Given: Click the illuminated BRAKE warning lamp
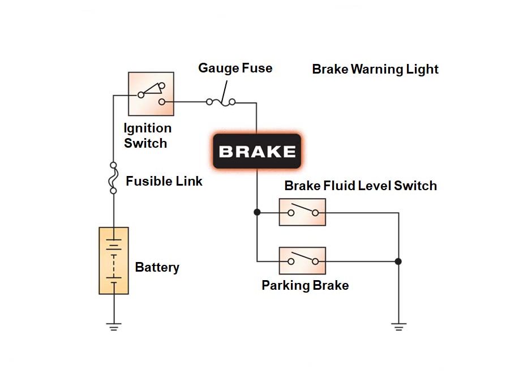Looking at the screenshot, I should coord(256,152).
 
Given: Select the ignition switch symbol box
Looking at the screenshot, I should coord(151,93).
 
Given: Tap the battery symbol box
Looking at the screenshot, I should coord(114,260).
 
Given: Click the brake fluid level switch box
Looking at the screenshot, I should coord(302,212).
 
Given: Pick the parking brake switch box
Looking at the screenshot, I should coord(302,260).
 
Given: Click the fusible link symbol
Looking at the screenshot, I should coord(113,178).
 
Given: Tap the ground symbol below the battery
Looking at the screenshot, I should coord(114,326).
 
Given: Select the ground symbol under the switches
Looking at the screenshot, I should coord(398,326).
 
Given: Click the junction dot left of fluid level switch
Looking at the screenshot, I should coord(257,212).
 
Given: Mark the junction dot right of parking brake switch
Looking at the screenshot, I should coord(398,261).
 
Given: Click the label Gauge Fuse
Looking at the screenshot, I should coord(235,68).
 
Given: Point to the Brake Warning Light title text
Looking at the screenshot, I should coord(375,70).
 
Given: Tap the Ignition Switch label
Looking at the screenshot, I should coord(147,136).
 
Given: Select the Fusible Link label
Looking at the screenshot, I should coord(164,182).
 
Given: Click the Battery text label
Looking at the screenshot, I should coord(157,267).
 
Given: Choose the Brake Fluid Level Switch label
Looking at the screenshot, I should coord(360,186).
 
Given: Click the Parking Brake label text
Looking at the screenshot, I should coord(304,285).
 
